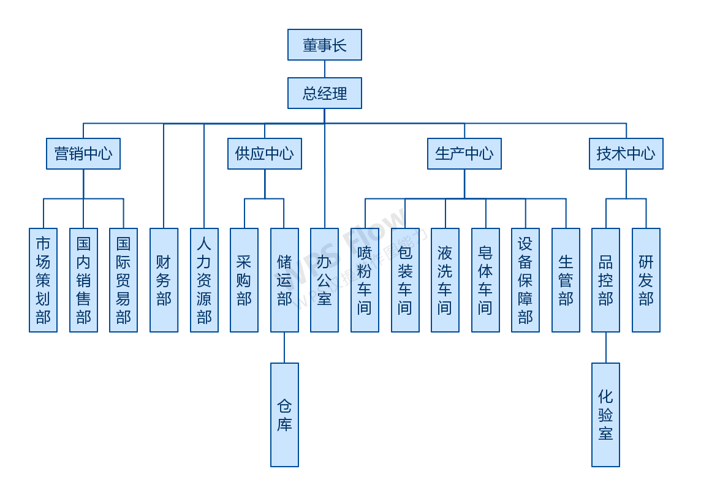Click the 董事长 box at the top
324,45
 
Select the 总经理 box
324,93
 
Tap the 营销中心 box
83,154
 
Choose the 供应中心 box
265,154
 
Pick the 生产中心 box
464,154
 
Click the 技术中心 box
626,154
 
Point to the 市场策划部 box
43,280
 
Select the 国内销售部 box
83,280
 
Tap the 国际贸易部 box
123,280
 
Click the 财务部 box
164,280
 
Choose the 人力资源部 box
204,280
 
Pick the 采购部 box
244,280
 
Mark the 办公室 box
324,280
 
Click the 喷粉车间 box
365,280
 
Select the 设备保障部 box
525,280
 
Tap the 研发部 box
646,280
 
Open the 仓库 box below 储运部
284,415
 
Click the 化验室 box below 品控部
605,415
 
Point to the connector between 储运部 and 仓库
284,347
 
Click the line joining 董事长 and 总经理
324,69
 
